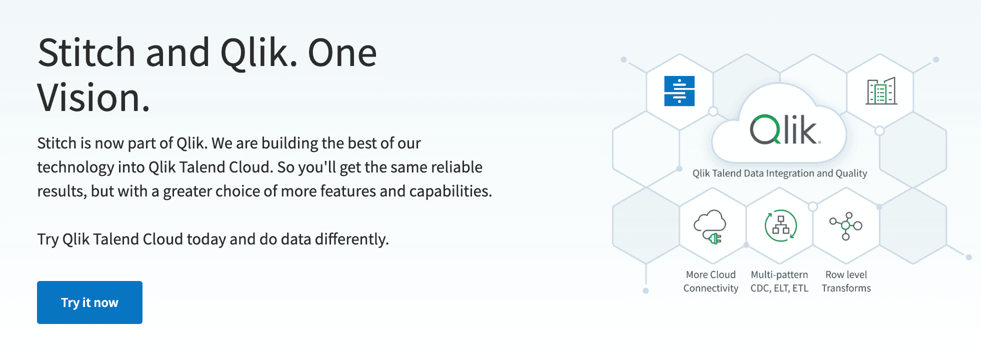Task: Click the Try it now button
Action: (x=89, y=302)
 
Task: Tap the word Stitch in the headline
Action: (x=86, y=52)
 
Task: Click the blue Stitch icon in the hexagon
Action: (x=679, y=91)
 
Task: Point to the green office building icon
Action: (x=881, y=91)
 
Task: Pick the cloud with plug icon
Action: (x=709, y=226)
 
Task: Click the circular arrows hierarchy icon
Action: (x=780, y=226)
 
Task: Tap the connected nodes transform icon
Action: (x=845, y=226)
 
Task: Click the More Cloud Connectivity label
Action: (x=710, y=281)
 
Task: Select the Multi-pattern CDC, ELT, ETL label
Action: (x=779, y=281)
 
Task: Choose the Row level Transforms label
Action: (x=846, y=281)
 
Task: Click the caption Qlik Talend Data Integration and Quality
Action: (x=779, y=173)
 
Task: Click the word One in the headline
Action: (x=342, y=53)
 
